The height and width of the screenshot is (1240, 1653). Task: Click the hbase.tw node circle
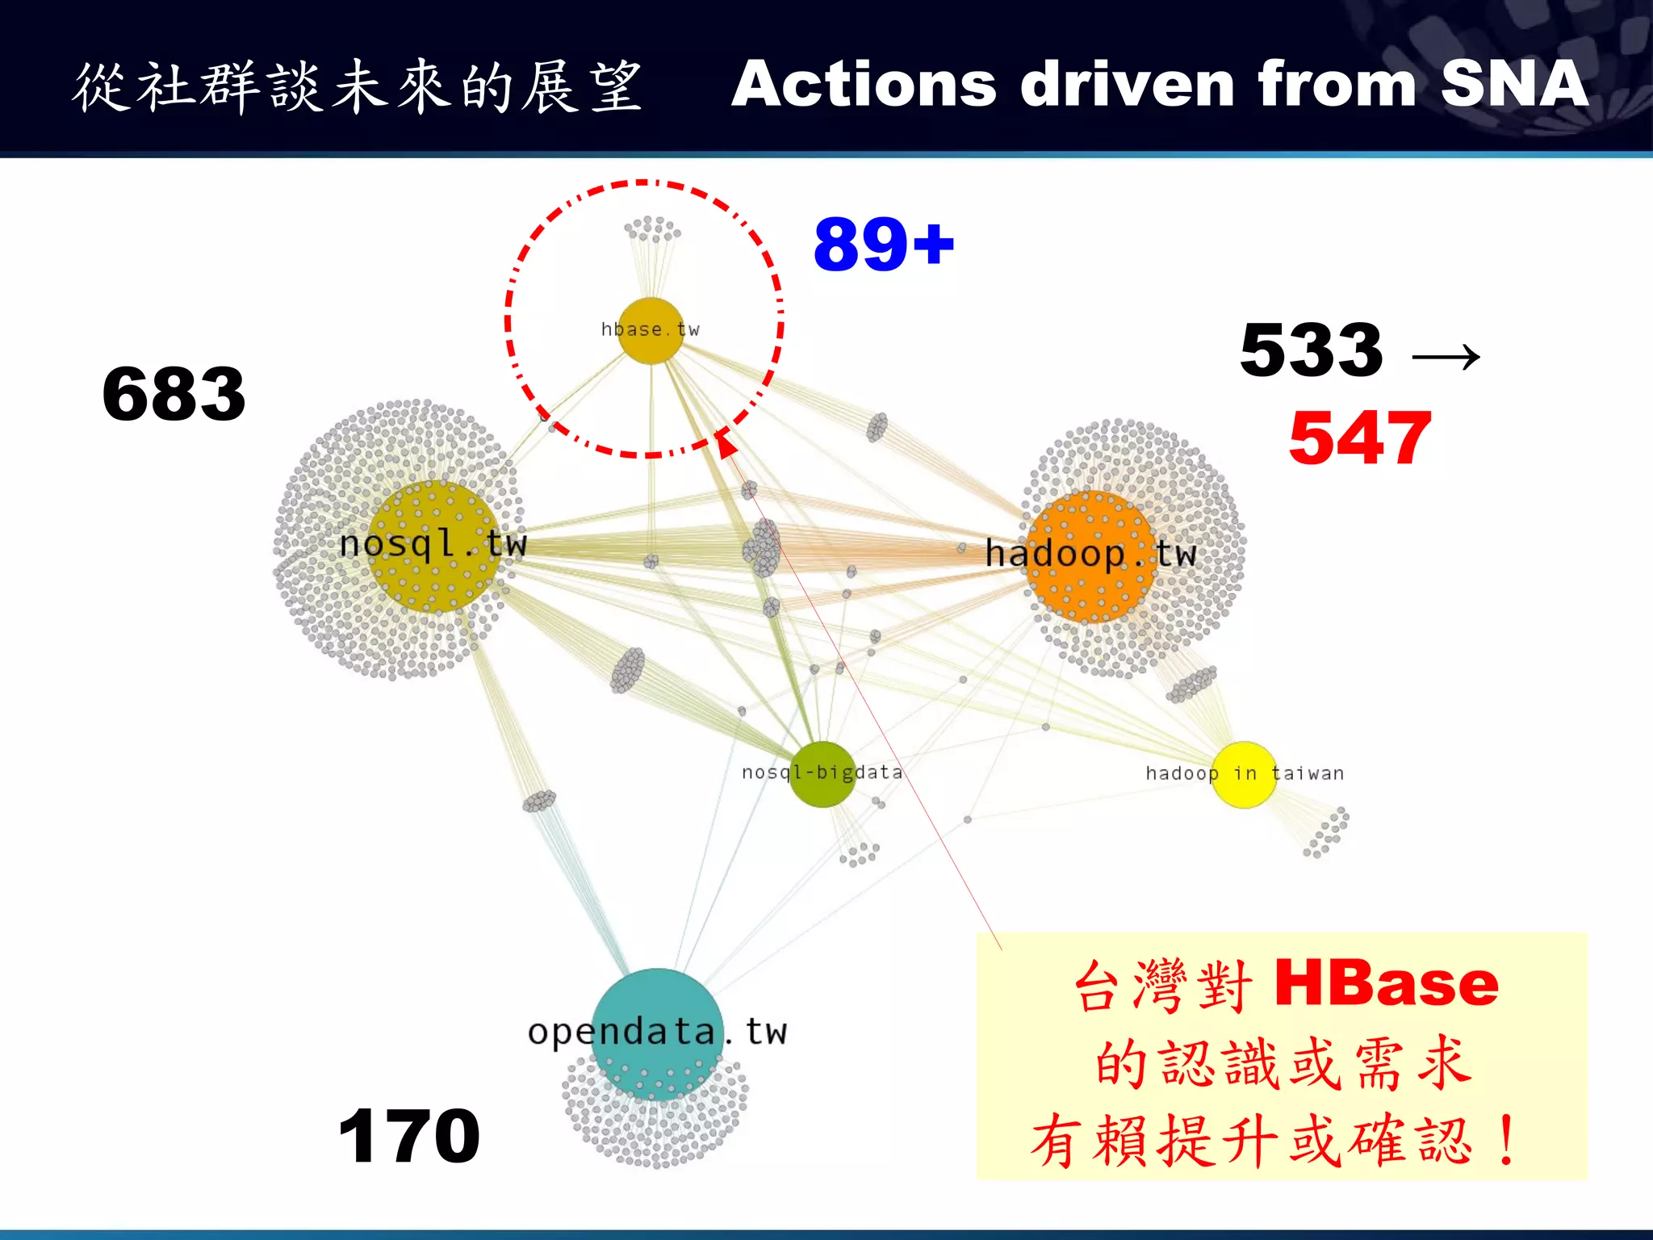click(x=651, y=330)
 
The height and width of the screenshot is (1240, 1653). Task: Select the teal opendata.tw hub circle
click(x=658, y=1033)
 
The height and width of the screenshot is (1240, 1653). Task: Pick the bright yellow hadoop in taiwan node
click(x=1244, y=774)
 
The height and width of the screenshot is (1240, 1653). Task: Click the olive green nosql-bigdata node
click(x=822, y=774)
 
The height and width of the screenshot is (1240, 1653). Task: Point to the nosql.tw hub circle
click(x=434, y=547)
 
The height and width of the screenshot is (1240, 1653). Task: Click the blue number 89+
click(x=884, y=245)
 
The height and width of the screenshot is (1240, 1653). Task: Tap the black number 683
click(x=174, y=394)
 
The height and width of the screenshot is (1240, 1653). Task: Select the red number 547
click(x=1360, y=438)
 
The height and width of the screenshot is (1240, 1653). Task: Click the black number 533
click(x=1312, y=350)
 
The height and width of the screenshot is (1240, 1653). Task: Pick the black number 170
click(x=409, y=1137)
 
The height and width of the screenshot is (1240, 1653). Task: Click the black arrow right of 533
click(x=1446, y=356)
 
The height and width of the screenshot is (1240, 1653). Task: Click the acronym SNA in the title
click(x=1514, y=84)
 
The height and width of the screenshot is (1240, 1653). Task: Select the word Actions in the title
click(x=864, y=84)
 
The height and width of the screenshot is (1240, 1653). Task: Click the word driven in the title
click(x=1127, y=84)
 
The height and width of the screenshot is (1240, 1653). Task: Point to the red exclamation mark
click(x=1505, y=1140)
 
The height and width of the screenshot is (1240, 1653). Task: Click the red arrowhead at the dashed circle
click(x=725, y=442)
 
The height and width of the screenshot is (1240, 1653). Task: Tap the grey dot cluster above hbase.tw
click(x=652, y=229)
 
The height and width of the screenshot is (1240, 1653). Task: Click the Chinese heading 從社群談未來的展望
click(x=358, y=86)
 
